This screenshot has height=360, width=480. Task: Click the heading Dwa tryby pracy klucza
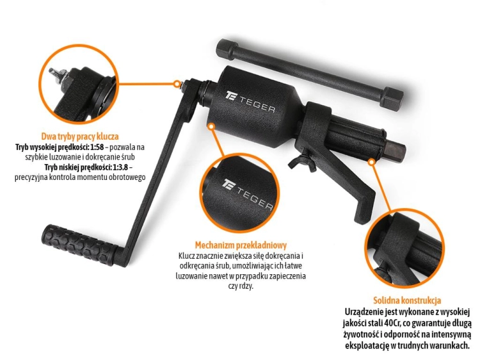[80, 136]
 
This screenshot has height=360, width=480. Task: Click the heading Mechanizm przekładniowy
[241, 245]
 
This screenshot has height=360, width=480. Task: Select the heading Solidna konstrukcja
[407, 300]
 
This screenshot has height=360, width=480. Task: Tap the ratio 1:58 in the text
[97, 147]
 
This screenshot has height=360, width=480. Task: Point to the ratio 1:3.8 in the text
[122, 167]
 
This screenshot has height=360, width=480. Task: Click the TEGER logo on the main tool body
[250, 102]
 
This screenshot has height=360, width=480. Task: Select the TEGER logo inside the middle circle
[247, 194]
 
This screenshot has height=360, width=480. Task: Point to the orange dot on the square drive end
[371, 162]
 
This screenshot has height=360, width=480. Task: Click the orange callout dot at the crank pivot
[177, 84]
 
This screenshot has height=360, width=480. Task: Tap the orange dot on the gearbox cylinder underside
[211, 126]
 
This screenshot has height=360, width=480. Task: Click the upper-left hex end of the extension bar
[227, 49]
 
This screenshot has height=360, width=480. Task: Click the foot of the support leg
[364, 215]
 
